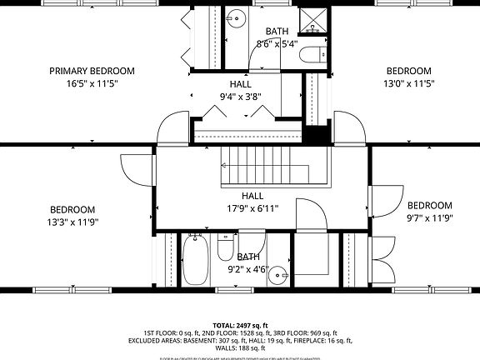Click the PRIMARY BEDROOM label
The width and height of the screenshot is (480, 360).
[x=92, y=71]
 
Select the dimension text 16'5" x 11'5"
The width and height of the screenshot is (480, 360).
[x=92, y=83]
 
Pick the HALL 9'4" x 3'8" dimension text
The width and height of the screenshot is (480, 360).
[x=235, y=97]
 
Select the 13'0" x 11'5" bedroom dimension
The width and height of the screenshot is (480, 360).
[x=408, y=83]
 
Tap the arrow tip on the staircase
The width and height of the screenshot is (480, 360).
[x=223, y=165]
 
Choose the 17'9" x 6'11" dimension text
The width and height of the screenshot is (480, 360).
[x=252, y=208]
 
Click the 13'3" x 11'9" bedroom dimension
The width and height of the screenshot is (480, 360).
[x=72, y=222]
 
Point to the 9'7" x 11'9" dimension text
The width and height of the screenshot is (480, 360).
[x=429, y=218]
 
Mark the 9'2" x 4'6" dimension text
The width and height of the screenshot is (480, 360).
[x=247, y=270]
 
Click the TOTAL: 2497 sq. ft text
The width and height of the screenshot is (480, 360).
[x=240, y=325]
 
